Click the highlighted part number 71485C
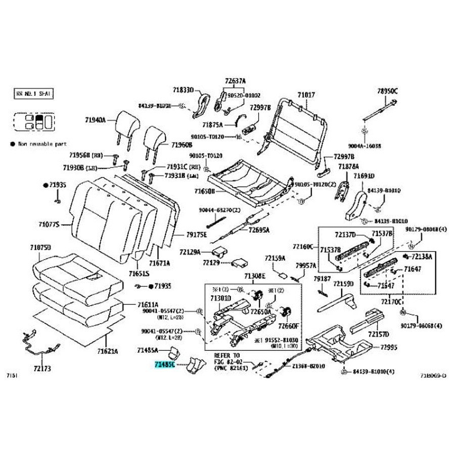point(165,363)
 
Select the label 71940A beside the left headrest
point(95,120)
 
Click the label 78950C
point(387,91)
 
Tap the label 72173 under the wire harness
point(41,369)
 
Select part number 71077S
point(49,223)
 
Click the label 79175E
point(196,235)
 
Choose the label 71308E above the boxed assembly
point(254,276)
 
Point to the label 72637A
point(235,81)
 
